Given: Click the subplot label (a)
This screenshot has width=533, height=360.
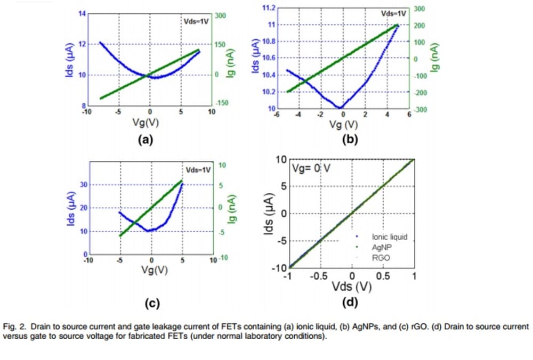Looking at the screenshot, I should (x=146, y=140).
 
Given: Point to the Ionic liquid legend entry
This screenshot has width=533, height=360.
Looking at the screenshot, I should (x=389, y=237).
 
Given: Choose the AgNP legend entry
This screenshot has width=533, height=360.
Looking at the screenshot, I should (x=382, y=247).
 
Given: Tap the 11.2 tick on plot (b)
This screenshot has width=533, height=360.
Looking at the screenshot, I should (x=268, y=7).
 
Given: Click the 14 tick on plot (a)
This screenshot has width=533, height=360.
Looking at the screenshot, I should (x=83, y=13).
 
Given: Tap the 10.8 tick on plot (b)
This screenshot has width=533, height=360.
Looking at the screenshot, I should (x=268, y=41).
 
